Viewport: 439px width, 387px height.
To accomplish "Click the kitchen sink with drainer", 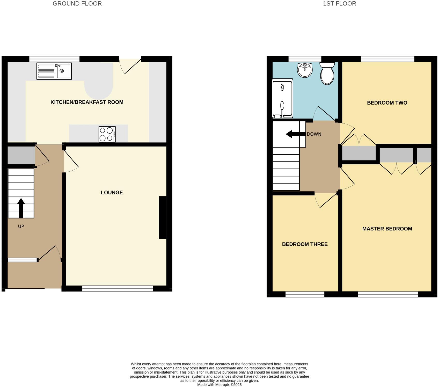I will [54, 71].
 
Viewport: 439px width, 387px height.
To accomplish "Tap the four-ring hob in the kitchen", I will [107, 134].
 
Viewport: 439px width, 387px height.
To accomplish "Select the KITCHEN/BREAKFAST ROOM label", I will [87, 102].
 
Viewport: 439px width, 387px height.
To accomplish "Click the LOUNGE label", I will [112, 192].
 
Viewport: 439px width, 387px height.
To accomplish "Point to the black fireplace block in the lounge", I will [163, 217].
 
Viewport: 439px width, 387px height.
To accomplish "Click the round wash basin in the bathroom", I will [305, 70].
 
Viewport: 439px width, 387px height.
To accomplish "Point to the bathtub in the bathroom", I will [282, 98].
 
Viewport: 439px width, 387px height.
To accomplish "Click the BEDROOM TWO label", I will [387, 103].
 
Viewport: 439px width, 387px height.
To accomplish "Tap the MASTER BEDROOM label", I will [387, 229].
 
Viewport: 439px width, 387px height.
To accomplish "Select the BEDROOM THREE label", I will [305, 244].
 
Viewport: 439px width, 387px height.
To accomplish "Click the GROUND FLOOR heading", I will [77, 4].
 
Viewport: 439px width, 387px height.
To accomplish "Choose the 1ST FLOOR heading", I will [339, 4].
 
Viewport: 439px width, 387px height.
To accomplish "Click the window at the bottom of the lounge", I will [118, 289].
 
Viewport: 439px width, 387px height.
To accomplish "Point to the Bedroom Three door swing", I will [324, 201].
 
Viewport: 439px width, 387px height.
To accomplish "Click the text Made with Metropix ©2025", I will [219, 385].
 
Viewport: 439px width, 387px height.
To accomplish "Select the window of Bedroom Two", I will [387, 59].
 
